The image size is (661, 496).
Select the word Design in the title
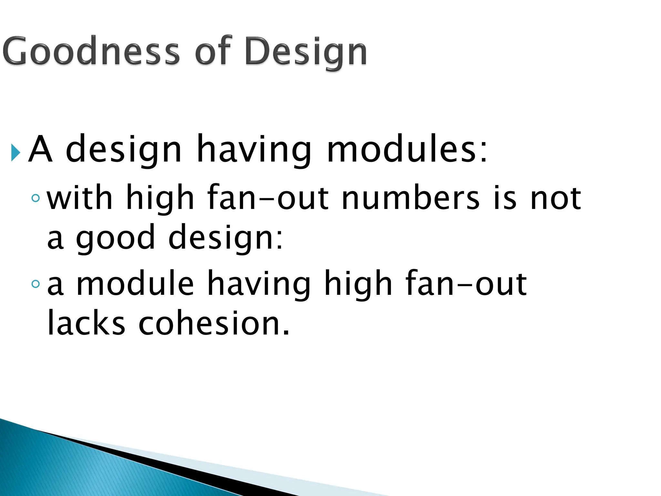(306, 52)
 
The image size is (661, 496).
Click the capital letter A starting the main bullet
(40, 149)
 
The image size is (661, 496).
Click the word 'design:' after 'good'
(226, 237)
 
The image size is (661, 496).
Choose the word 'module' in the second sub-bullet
(135, 283)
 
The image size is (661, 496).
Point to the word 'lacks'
(86, 323)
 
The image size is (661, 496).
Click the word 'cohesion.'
(214, 323)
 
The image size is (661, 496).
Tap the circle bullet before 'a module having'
(36, 284)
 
